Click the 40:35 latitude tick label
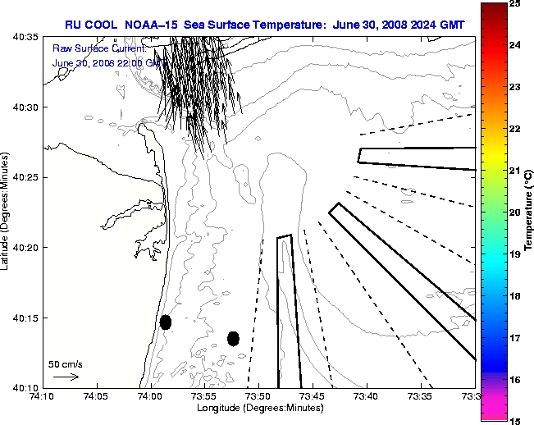point(27,38)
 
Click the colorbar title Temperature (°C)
point(529,212)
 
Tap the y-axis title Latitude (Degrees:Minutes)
point(7,212)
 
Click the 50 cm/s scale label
point(65,363)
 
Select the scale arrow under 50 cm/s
point(66,377)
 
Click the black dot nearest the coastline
point(166,322)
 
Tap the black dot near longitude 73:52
point(233,338)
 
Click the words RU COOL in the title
point(91,25)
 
